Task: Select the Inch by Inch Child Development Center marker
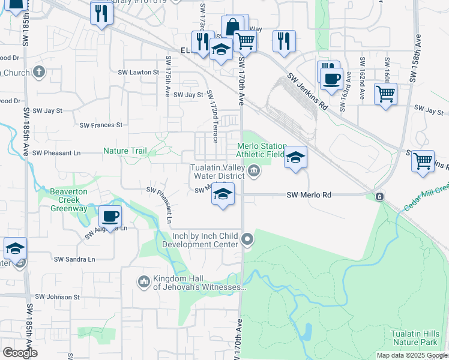(x=247, y=241)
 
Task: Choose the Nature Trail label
(x=125, y=151)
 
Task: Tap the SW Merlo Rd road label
(x=309, y=195)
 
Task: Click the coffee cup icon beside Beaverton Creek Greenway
(x=110, y=217)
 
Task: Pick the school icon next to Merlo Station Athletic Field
(x=295, y=158)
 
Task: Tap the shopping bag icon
(x=232, y=27)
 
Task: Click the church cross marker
(x=40, y=73)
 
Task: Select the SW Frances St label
(x=101, y=125)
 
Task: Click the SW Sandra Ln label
(x=74, y=259)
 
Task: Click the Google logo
(x=19, y=353)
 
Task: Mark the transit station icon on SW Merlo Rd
(x=379, y=196)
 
